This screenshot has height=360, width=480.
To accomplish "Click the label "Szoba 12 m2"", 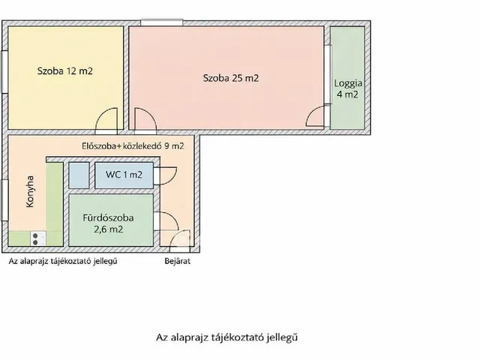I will (x=65, y=72).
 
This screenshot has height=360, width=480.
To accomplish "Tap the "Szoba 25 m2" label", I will (x=231, y=77).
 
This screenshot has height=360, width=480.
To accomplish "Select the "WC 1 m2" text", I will (x=124, y=175).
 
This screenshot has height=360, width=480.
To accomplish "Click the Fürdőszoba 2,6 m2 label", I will (x=108, y=223).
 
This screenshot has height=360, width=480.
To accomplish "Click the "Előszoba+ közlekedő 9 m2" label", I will (x=132, y=145).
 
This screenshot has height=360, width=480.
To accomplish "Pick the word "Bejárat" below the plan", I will (x=178, y=262).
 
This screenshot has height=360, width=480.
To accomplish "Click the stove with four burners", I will (x=37, y=238).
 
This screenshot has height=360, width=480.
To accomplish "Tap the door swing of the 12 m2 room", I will (x=108, y=119).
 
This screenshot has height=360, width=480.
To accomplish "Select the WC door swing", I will (x=165, y=175).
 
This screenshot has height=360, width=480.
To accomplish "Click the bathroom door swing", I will (x=166, y=223).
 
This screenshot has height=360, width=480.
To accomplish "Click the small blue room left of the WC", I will (x=79, y=175).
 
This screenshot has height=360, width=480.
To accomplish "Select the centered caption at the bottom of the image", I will (x=232, y=337).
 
